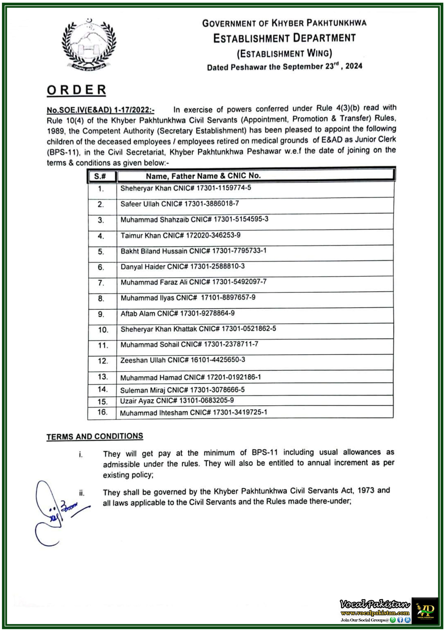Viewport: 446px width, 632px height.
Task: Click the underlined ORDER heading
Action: click(x=76, y=90)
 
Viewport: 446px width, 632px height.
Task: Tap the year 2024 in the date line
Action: click(x=354, y=66)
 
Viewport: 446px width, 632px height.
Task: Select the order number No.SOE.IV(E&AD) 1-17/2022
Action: click(x=100, y=110)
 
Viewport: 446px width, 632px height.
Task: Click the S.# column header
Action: click(x=100, y=176)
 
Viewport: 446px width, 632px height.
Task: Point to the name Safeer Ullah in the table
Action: click(x=140, y=204)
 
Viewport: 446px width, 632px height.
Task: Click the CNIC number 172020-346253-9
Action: click(x=213, y=235)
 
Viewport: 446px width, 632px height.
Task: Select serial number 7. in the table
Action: click(x=101, y=283)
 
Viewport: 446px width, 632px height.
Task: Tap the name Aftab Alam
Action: click(x=138, y=314)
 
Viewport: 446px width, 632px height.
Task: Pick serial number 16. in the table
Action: click(x=102, y=412)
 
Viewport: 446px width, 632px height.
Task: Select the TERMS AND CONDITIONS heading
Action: click(x=95, y=436)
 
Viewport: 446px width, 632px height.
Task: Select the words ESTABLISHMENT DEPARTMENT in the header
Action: click(x=284, y=38)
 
